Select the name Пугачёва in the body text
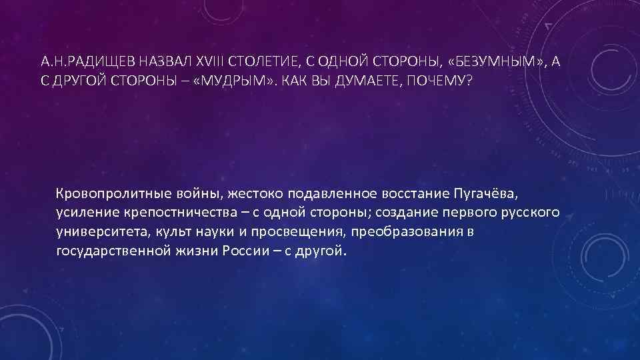485,194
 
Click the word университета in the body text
96,233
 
